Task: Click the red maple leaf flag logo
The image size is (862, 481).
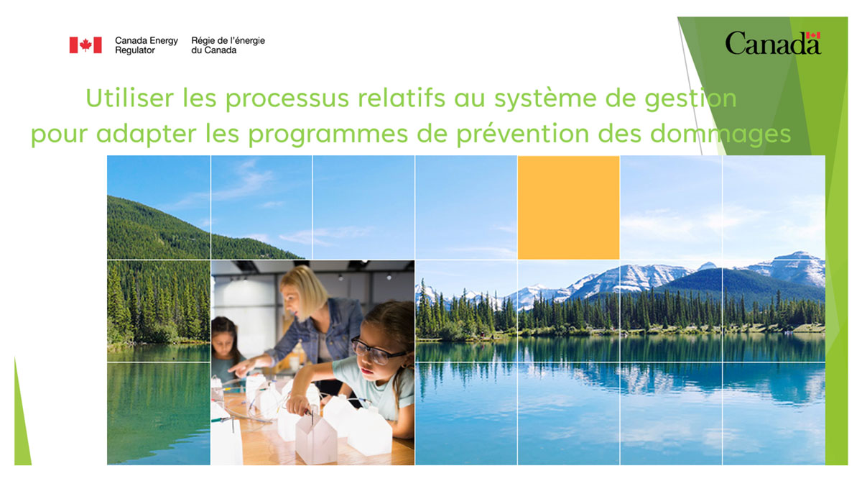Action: (x=85, y=45)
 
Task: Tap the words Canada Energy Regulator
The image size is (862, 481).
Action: (x=146, y=45)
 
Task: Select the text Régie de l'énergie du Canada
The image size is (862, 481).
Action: (x=228, y=45)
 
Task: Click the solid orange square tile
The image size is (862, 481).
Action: (x=568, y=207)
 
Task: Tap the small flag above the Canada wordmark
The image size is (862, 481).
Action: (x=812, y=35)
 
